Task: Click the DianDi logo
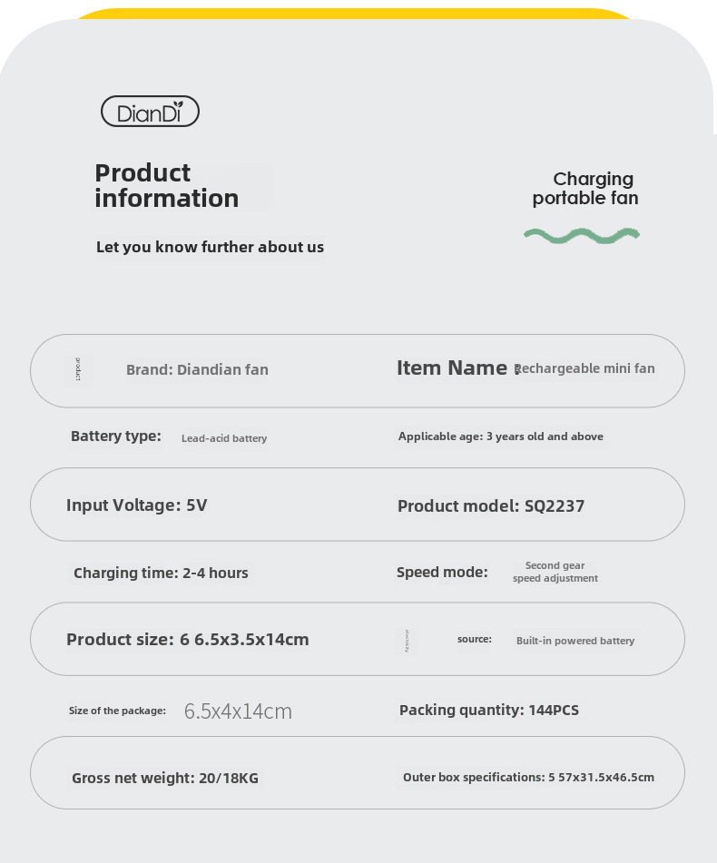pos(150,112)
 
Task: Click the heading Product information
pos(166,186)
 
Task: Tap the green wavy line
pos(582,235)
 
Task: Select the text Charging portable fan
pos(585,189)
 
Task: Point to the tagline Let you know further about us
pos(210,247)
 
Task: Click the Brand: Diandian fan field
pos(197,369)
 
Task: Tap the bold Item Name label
pos(451,368)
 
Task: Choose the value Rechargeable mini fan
pos(585,368)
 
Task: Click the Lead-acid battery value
pos(224,438)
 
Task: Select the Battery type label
pos(115,436)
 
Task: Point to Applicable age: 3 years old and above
pos(500,436)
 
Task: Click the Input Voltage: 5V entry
pos(136,505)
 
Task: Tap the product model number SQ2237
pos(555,506)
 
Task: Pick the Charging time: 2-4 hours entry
pos(161,573)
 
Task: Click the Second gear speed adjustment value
pos(555,572)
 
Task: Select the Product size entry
pos(187,640)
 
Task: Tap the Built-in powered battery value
pos(575,641)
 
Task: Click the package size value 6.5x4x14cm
pos(238,711)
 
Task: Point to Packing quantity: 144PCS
pos(488,710)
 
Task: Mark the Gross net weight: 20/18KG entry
pos(165,778)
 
